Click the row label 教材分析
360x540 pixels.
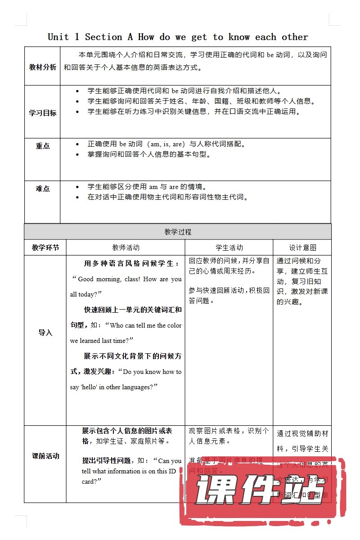point(43,67)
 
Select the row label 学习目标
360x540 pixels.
point(43,113)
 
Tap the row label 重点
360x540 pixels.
point(43,146)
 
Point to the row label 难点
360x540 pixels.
point(43,189)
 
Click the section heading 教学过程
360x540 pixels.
point(178,232)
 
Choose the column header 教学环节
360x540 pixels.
point(45,247)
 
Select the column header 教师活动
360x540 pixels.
point(126,247)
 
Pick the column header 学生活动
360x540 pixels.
point(229,247)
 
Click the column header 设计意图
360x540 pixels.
point(302,247)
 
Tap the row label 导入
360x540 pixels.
point(45,333)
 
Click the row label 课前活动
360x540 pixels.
point(45,456)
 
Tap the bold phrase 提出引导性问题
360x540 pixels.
point(109,460)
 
